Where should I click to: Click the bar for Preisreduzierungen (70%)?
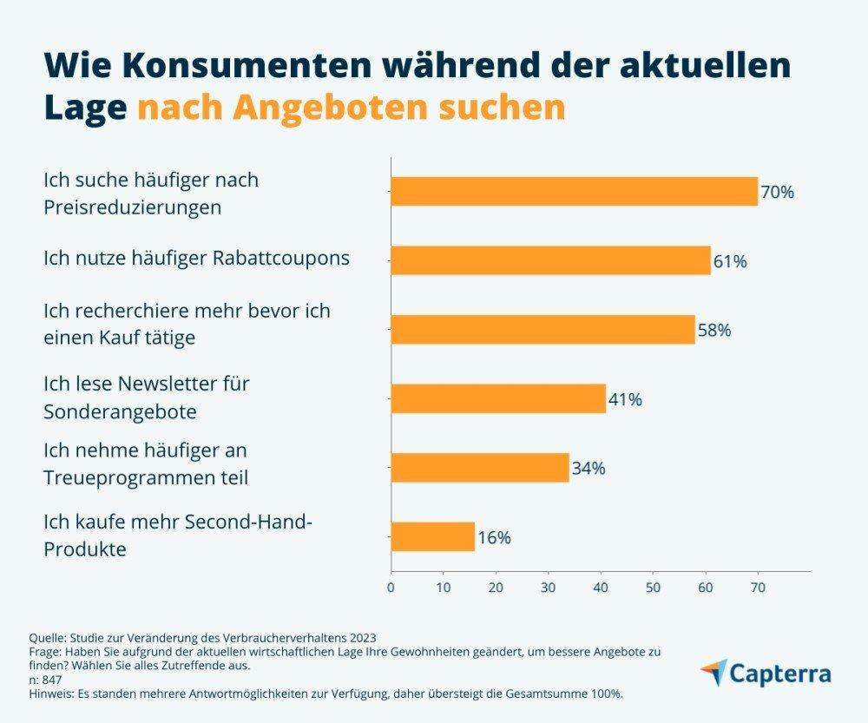point(574,191)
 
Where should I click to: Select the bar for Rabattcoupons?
point(550,260)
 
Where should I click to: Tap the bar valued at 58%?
point(542,330)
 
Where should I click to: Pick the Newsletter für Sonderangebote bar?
point(498,399)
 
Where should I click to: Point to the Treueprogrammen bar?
point(480,468)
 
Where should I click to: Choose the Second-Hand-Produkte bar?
point(432,537)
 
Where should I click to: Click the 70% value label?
point(778,193)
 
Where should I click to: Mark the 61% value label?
point(730,261)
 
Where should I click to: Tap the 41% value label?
point(625,400)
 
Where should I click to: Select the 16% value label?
point(494,538)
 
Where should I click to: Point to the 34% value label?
point(589,469)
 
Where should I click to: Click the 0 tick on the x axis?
point(391,588)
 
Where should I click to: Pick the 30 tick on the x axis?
point(548,588)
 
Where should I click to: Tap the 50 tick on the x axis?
point(653,588)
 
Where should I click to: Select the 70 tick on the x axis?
point(758,588)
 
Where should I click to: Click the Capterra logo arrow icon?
point(714,673)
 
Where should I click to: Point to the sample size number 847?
point(52,680)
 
